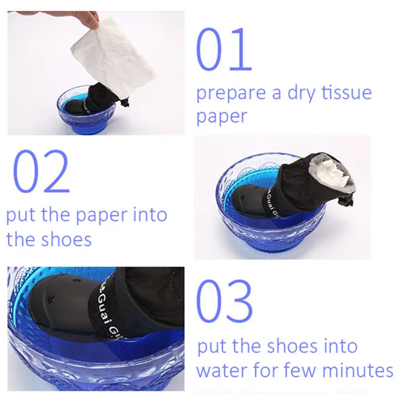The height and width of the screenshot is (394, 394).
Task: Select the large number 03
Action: [x=224, y=301]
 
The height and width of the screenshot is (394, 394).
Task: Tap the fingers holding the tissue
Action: [x=89, y=20]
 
